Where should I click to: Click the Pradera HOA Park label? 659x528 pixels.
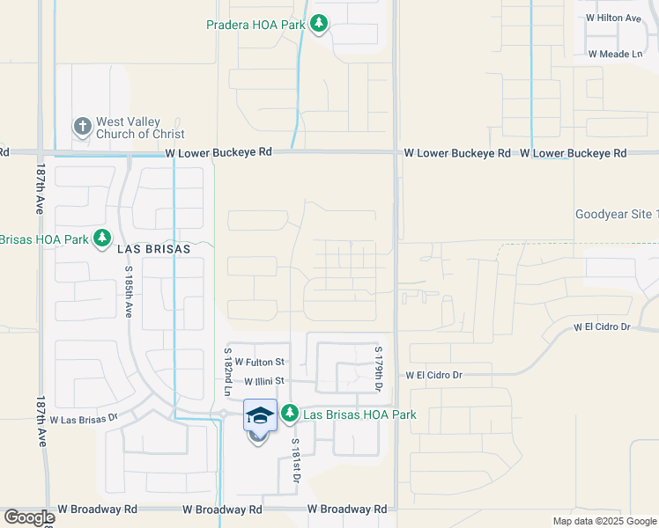pyautogui.click(x=255, y=25)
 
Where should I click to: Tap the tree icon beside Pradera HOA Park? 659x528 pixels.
pyautogui.click(x=319, y=25)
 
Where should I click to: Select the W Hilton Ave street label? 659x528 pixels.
pyautogui.click(x=613, y=18)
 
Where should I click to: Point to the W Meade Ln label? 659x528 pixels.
pyautogui.click(x=615, y=55)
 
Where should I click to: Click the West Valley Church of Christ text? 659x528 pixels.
pyautogui.click(x=140, y=128)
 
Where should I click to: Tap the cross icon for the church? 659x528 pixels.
pyautogui.click(x=82, y=127)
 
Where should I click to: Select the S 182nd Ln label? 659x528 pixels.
pyautogui.click(x=227, y=370)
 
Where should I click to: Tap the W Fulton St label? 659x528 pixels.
pyautogui.click(x=260, y=362)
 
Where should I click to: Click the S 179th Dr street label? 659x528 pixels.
pyautogui.click(x=380, y=370)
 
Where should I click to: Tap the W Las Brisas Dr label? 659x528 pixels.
pyautogui.click(x=84, y=421)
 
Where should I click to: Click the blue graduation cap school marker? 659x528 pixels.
pyautogui.click(x=260, y=415)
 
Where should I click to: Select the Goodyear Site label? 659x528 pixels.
pyautogui.click(x=616, y=214)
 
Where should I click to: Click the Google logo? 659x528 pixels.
pyautogui.click(x=28, y=517)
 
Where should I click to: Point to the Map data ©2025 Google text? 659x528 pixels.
pyautogui.click(x=603, y=521)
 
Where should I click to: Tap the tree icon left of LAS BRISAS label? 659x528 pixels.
pyautogui.click(x=103, y=238)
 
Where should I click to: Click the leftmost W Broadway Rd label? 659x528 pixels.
pyautogui.click(x=97, y=510)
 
